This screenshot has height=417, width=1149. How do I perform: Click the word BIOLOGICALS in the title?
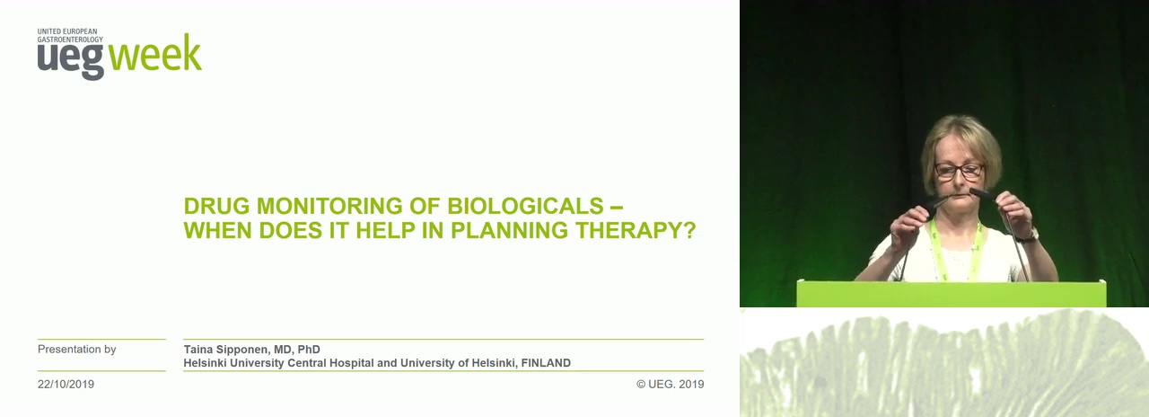coord(525,206)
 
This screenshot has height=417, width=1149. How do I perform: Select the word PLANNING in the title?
coord(509,230)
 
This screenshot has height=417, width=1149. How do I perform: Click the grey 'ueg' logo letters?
coord(70,59)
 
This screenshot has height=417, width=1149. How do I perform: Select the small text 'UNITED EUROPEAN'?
coord(67,31)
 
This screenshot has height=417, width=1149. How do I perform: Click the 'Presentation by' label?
coord(77,350)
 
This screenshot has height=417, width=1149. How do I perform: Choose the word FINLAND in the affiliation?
coord(546,363)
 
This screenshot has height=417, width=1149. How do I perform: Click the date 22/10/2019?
coord(66,384)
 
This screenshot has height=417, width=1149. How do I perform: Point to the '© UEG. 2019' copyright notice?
coord(671,384)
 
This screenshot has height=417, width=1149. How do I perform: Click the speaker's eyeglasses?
coord(959,171)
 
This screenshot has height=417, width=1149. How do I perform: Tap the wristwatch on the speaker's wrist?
coord(1028,236)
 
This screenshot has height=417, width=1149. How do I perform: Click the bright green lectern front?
coord(951,294)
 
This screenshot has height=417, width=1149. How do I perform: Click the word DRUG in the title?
coord(217,206)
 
